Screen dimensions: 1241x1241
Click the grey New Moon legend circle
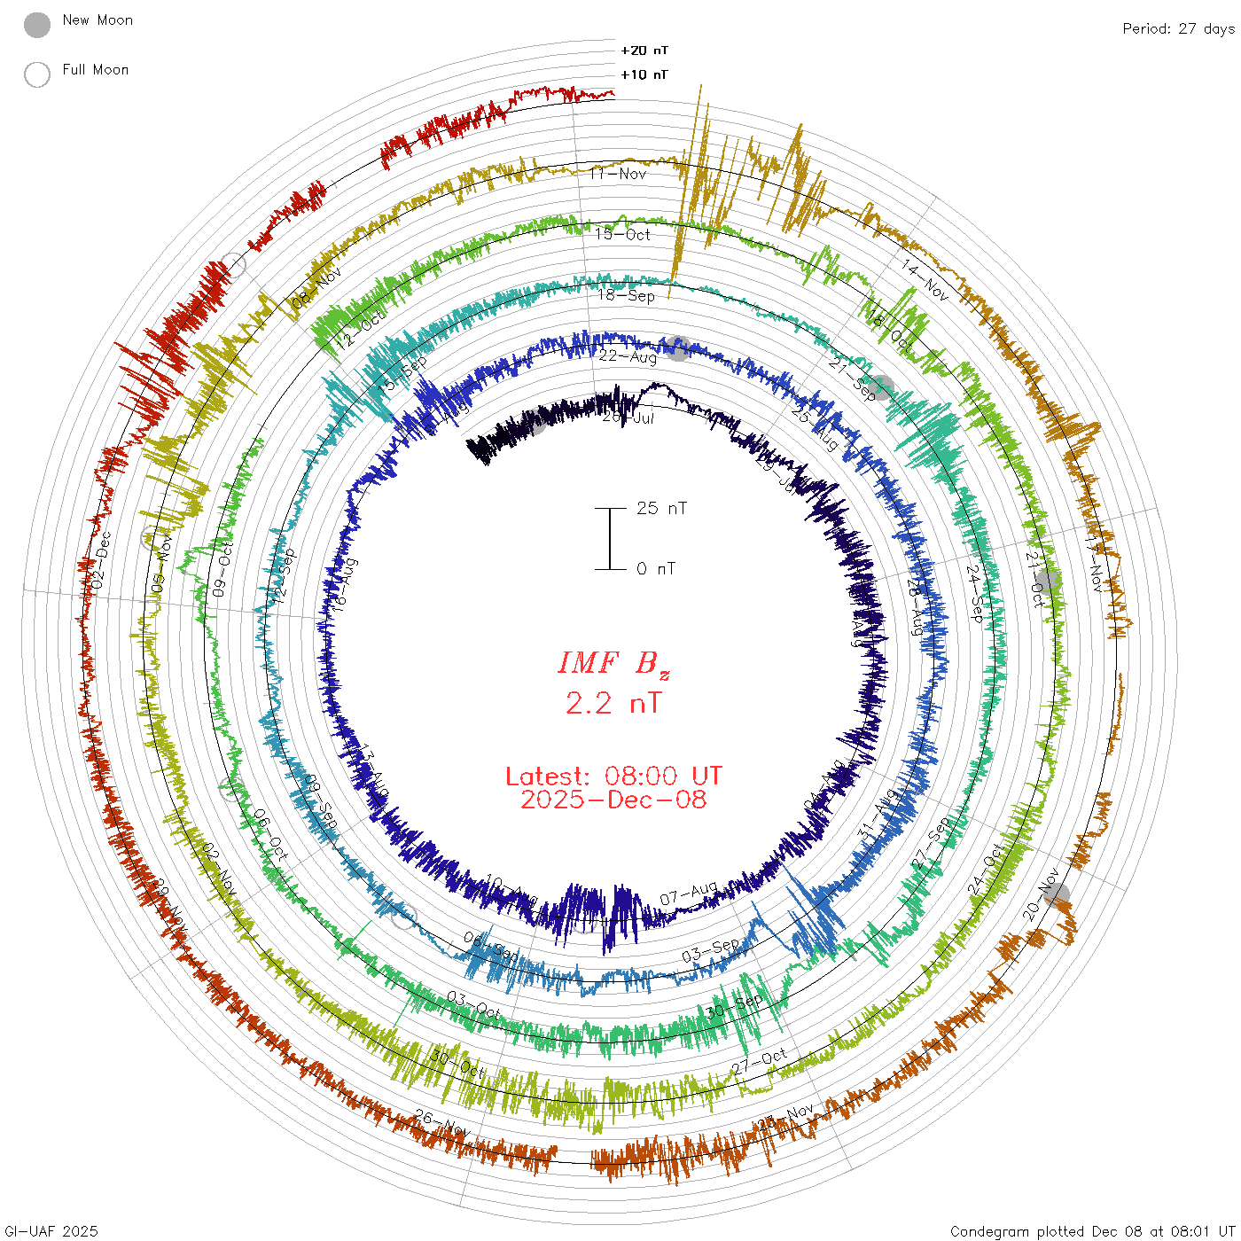point(37,26)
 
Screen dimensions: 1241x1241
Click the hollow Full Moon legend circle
point(37,74)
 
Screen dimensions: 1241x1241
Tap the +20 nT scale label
point(644,51)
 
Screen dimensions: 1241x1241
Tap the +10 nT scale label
point(644,74)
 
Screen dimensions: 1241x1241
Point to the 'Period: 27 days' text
point(1178,28)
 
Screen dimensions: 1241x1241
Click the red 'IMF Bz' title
point(613,663)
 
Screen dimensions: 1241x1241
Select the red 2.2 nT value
point(613,704)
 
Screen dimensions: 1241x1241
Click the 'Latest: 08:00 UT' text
point(613,777)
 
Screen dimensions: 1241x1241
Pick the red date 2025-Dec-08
point(613,800)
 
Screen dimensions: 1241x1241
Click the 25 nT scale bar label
point(661,509)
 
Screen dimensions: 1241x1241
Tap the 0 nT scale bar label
point(656,569)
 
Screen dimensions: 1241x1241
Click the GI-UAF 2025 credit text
point(51,1231)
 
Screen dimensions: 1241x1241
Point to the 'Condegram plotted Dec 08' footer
point(1092,1231)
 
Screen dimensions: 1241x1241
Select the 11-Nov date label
point(619,174)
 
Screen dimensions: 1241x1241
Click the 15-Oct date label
point(622,234)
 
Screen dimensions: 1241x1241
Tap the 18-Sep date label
point(626,295)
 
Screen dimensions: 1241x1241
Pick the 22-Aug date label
point(628,356)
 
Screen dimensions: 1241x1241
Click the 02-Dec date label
point(102,560)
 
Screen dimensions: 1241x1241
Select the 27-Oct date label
point(760,1061)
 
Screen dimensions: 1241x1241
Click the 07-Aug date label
point(689,894)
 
